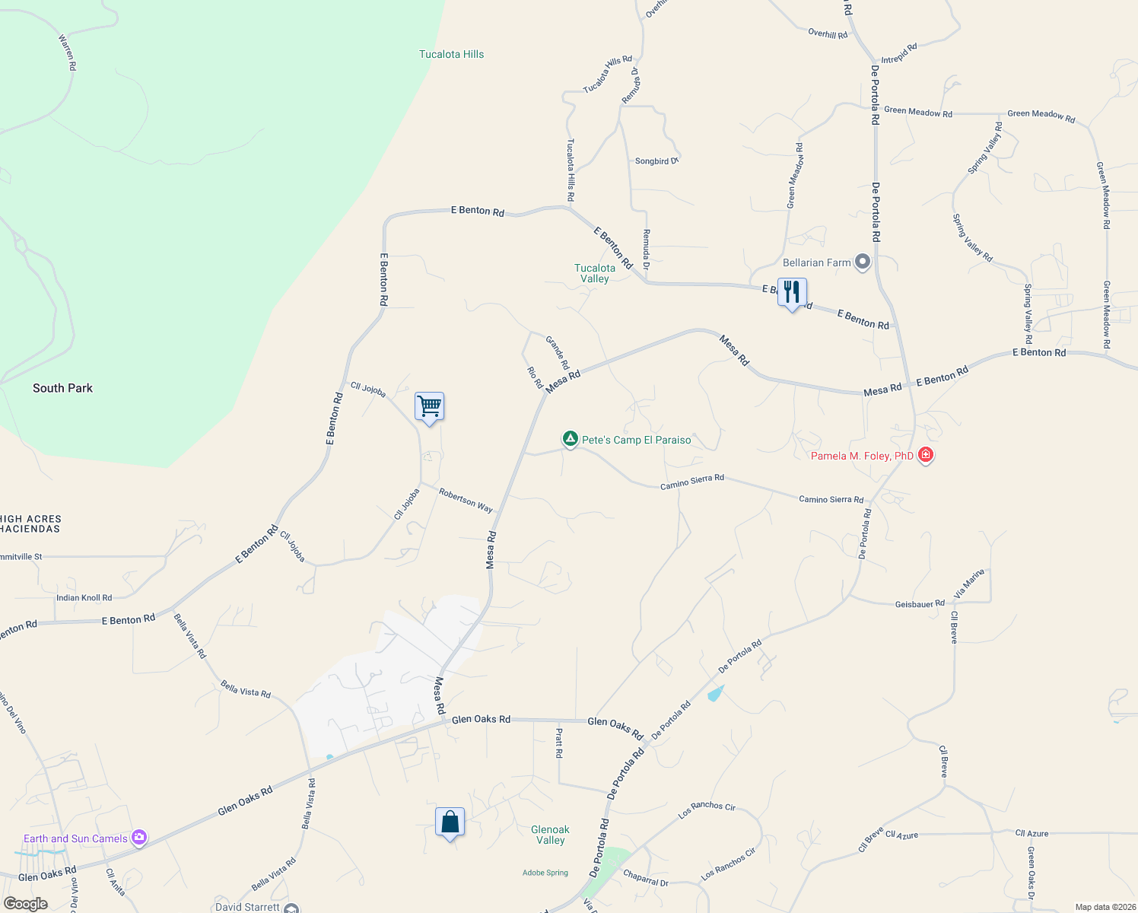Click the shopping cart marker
(x=429, y=406)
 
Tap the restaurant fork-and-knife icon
(x=792, y=292)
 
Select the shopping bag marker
(x=450, y=822)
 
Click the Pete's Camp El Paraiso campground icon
(x=570, y=439)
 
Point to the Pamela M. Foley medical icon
(x=926, y=455)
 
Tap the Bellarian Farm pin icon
(x=863, y=262)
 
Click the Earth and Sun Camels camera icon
(x=139, y=838)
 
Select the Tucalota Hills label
(x=451, y=54)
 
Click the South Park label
(x=62, y=388)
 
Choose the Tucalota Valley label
(x=595, y=273)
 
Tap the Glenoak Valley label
(x=550, y=835)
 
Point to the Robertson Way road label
(x=466, y=500)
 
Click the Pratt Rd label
(x=559, y=743)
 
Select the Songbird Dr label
(x=656, y=161)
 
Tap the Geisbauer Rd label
(x=920, y=604)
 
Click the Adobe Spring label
(x=545, y=873)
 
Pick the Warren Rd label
(x=68, y=52)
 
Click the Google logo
(x=25, y=904)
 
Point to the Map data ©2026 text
(x=1102, y=907)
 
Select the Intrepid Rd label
(x=899, y=53)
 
